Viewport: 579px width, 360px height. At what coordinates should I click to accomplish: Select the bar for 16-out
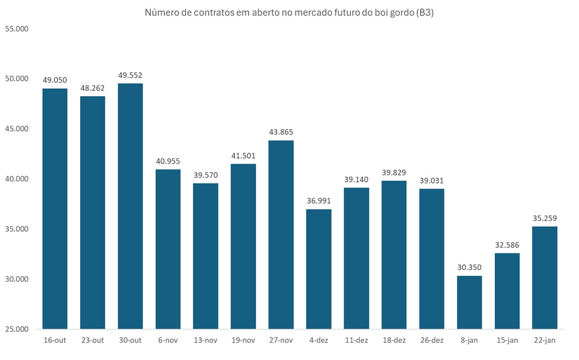(x=55, y=209)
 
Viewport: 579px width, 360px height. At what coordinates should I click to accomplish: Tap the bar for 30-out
(x=130, y=206)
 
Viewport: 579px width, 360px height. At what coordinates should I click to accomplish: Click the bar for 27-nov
(x=281, y=235)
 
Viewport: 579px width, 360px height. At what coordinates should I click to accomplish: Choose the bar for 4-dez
(x=318, y=269)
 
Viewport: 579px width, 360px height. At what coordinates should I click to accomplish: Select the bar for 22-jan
(x=545, y=278)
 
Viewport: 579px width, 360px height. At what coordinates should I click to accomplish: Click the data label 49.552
(x=130, y=75)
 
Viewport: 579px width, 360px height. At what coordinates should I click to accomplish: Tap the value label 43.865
(x=281, y=132)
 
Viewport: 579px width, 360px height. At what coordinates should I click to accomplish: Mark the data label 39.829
(x=394, y=172)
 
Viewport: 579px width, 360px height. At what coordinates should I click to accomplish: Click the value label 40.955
(x=168, y=161)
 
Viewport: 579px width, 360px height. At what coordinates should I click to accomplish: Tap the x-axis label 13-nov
(x=205, y=341)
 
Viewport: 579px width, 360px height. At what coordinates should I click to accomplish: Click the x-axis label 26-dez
(x=431, y=341)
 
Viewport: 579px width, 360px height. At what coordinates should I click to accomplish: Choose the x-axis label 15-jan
(x=507, y=341)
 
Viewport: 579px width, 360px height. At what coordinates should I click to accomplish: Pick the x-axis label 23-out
(x=92, y=341)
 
